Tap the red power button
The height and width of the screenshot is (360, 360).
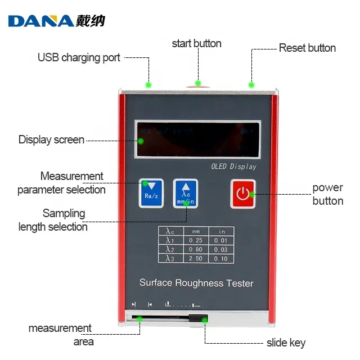[x=242, y=193]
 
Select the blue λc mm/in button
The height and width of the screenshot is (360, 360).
[x=186, y=193]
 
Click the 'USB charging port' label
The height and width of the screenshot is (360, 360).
[x=79, y=57]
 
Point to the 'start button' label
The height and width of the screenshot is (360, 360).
[x=196, y=43]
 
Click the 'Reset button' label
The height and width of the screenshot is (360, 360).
[x=307, y=48]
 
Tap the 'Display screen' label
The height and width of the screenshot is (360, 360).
[x=51, y=139]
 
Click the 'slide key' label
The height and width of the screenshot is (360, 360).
[x=286, y=343]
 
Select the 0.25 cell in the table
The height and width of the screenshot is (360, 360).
[x=196, y=240]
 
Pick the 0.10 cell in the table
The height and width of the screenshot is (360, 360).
[x=222, y=258]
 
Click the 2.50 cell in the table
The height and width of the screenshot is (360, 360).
[x=196, y=258]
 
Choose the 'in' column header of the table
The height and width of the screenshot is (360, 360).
[x=222, y=231]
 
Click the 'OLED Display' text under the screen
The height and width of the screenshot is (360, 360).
[x=233, y=166]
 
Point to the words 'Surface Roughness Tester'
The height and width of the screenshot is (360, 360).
[x=196, y=283]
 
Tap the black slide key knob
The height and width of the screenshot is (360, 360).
[x=196, y=319]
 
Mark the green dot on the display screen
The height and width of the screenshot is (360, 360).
[x=141, y=140]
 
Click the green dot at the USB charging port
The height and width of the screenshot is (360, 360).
[x=148, y=85]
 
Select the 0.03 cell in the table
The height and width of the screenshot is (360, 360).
[x=222, y=249]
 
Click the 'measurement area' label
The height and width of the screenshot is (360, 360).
[x=60, y=335]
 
